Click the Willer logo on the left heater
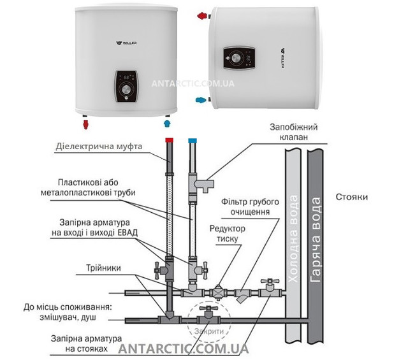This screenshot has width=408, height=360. click(126, 43)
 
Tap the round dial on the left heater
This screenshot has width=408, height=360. click(126, 89)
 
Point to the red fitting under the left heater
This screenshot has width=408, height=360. click(85, 124)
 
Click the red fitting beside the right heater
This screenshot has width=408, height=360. click(202, 16)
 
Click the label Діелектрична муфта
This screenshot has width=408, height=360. click(99, 146)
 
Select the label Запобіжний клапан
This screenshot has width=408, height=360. click(293, 132)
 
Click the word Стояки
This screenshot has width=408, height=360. click(352, 197)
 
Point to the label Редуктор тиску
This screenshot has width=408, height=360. click(227, 234)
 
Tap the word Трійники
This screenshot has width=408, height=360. click(103, 268)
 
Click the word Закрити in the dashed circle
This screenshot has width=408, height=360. click(209, 331)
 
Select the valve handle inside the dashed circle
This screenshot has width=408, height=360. click(208, 309)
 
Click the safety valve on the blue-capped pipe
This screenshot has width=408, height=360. click(204, 185)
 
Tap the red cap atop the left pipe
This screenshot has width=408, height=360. click(169, 140)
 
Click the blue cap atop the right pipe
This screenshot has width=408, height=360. click(193, 140)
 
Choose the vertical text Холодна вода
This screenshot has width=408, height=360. click(293, 239)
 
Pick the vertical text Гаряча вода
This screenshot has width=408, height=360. click(316, 240)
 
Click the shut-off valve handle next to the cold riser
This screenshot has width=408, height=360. click(270, 282)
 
